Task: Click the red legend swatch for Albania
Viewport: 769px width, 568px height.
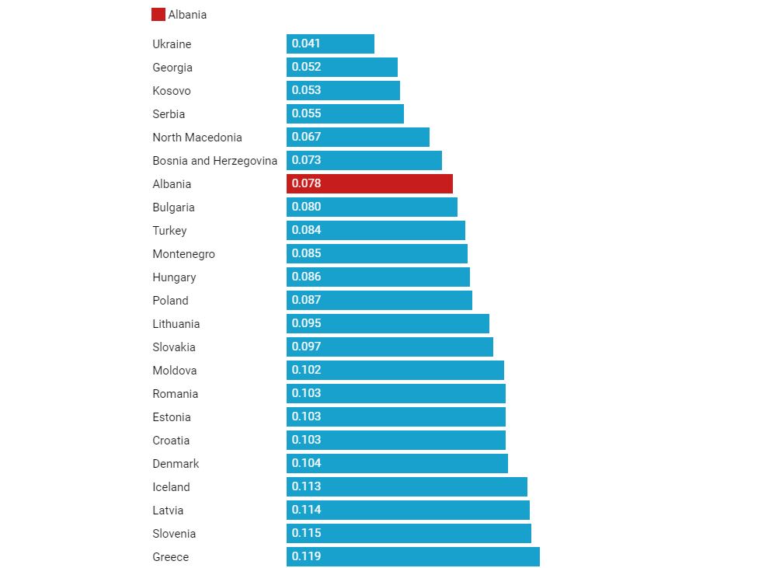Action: (158, 15)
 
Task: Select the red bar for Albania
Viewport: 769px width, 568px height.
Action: (370, 184)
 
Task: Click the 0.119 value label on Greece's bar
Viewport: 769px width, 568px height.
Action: (306, 556)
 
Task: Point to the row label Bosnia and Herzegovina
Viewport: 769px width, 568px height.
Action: (214, 161)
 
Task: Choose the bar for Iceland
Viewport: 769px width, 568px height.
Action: (407, 487)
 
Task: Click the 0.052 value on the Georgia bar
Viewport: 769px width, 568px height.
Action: (306, 67)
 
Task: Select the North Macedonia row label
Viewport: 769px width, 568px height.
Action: (197, 138)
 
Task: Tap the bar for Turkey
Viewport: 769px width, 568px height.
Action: (376, 231)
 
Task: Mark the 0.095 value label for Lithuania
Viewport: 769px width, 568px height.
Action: (306, 323)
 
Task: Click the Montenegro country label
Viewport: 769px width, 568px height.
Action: (183, 254)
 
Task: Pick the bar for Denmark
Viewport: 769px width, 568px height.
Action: (397, 464)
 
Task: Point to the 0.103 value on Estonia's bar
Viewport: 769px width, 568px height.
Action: (306, 416)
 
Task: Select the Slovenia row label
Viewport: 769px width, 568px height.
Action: (174, 534)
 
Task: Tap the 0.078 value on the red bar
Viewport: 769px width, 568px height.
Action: (306, 183)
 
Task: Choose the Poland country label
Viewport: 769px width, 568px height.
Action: (170, 301)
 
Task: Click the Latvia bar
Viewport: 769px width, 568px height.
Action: (408, 511)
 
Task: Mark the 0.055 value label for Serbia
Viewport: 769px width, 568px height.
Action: (306, 113)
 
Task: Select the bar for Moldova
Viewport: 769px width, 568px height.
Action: (395, 371)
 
